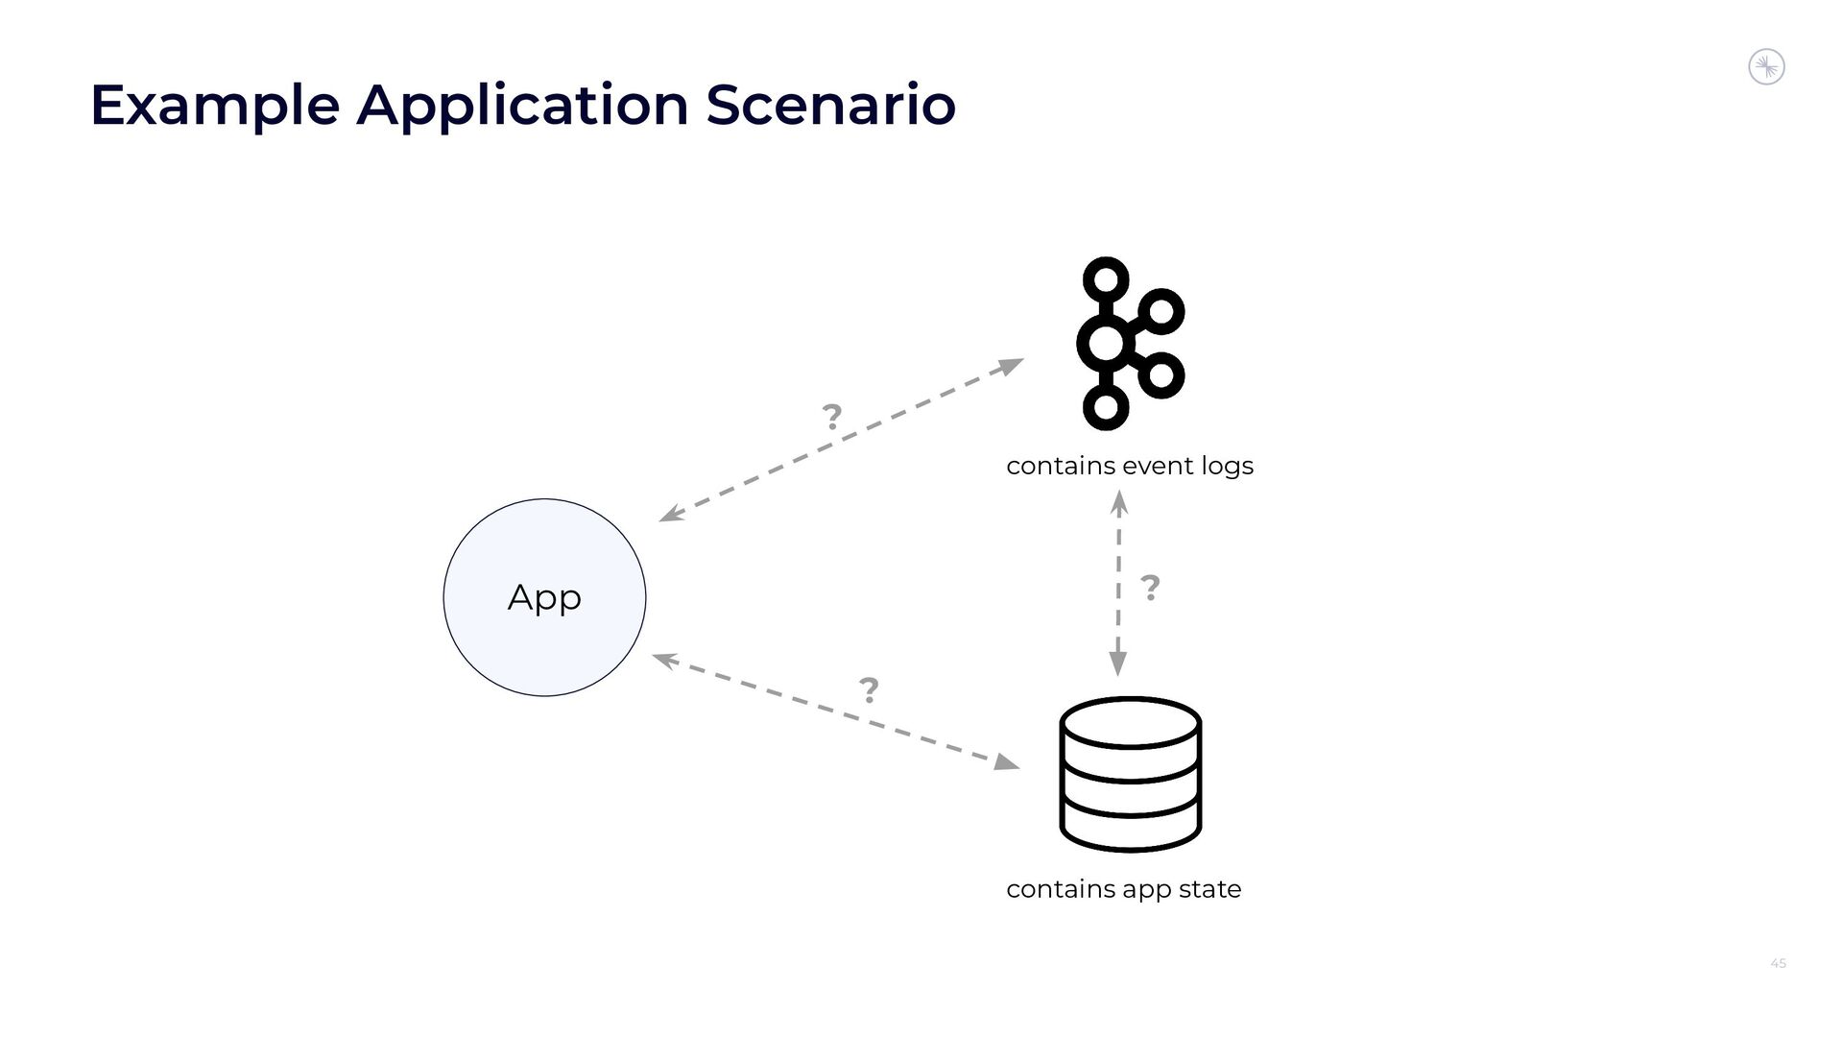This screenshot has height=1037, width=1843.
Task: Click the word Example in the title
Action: pyautogui.click(x=214, y=105)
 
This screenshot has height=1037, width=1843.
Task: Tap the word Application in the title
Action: pyautogui.click(x=522, y=105)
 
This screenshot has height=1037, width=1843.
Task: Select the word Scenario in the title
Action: pyautogui.click(x=830, y=105)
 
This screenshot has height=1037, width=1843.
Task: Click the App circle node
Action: pyautogui.click(x=544, y=597)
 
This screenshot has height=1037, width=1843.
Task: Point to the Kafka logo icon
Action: pyautogui.click(x=1130, y=344)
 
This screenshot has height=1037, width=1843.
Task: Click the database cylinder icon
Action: pyautogui.click(x=1131, y=775)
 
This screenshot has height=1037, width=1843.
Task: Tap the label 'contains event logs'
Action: pyautogui.click(x=1130, y=466)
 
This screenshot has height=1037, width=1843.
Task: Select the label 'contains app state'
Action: pyautogui.click(x=1123, y=889)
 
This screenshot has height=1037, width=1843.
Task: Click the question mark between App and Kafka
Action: pyautogui.click(x=831, y=417)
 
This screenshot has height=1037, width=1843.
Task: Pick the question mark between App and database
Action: pyautogui.click(x=869, y=689)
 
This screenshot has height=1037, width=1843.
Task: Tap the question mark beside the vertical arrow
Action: pyautogui.click(x=1149, y=587)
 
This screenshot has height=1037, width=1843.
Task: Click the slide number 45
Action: pyautogui.click(x=1778, y=963)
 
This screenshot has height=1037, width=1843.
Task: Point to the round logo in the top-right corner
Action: pyautogui.click(x=1766, y=67)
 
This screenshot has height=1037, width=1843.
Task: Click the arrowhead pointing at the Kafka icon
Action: pyautogui.click(x=1012, y=365)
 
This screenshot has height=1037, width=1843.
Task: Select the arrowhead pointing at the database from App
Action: pyautogui.click(x=1006, y=762)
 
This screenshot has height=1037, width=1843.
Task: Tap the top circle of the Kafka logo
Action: pyautogui.click(x=1106, y=279)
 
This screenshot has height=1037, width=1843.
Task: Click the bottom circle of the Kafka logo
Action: pyautogui.click(x=1106, y=407)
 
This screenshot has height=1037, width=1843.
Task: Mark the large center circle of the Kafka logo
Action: pyautogui.click(x=1106, y=344)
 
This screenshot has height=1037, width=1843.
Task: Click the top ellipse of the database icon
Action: pyautogui.click(x=1131, y=722)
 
